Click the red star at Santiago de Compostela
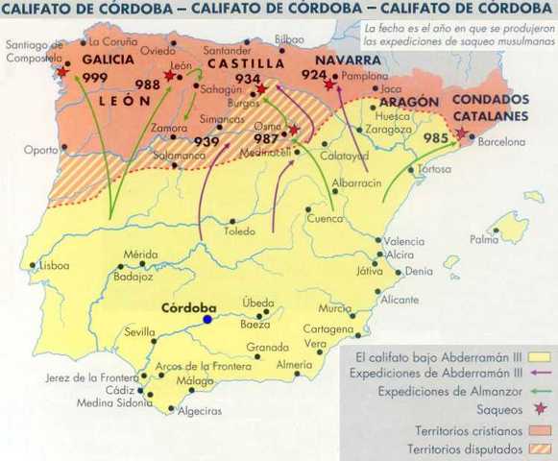pos(62,72)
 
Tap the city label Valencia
pos(404,241)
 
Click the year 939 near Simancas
pos(207,141)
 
